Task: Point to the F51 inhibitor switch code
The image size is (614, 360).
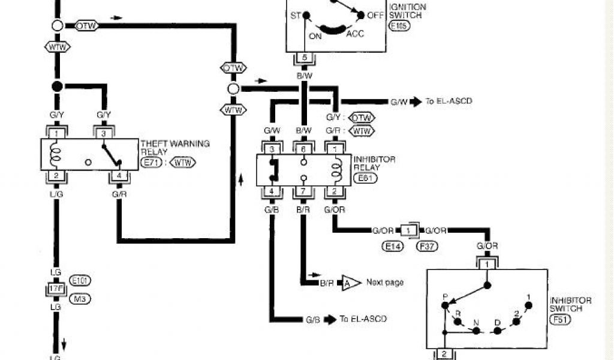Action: pyautogui.click(x=562, y=320)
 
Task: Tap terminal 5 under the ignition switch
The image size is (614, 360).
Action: pyautogui.click(x=304, y=58)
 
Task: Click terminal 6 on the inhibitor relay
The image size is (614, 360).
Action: pyautogui.click(x=304, y=148)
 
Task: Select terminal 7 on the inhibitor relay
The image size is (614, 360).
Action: pyautogui.click(x=304, y=191)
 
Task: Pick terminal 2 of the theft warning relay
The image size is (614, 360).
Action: pyautogui.click(x=56, y=175)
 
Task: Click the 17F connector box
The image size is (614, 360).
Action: pyautogui.click(x=56, y=289)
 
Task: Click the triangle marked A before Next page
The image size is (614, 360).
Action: pyautogui.click(x=348, y=282)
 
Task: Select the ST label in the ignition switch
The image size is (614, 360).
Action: pyautogui.click(x=295, y=15)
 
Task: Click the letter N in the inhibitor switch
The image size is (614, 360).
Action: pyautogui.click(x=475, y=323)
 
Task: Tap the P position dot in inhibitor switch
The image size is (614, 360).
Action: pyautogui.click(x=445, y=306)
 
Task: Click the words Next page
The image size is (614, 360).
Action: pyautogui.click(x=385, y=282)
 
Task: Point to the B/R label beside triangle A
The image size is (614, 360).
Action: pyautogui.click(x=327, y=283)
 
